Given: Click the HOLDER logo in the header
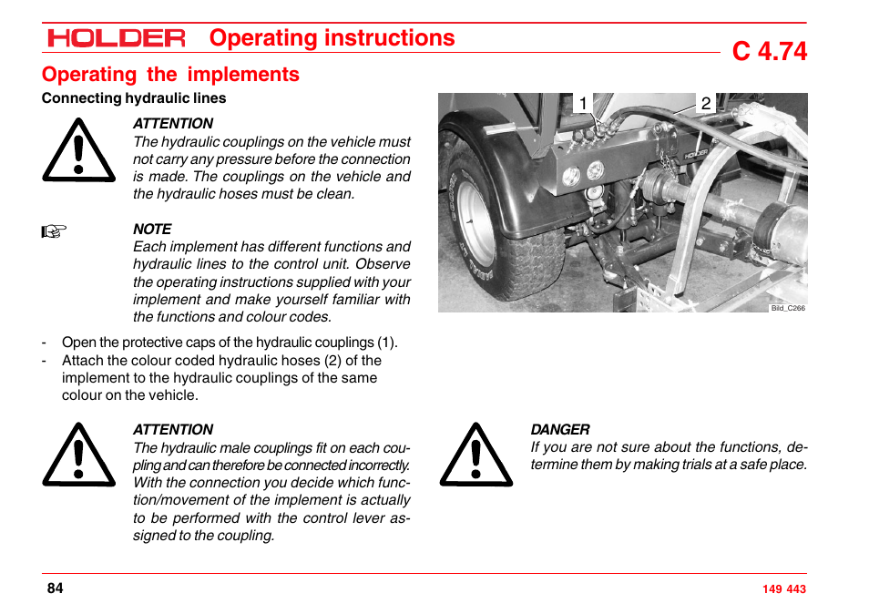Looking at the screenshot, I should pyautogui.click(x=117, y=38).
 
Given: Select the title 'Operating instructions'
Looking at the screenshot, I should pyautogui.click(x=332, y=37).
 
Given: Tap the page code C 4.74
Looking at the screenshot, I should pyautogui.click(x=769, y=51).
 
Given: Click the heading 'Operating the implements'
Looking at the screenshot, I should pyautogui.click(x=170, y=75).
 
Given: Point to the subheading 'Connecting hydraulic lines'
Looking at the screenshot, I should pyautogui.click(x=134, y=98).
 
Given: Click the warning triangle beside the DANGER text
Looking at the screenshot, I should pyautogui.click(x=475, y=455).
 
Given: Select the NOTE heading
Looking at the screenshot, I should pyautogui.click(x=152, y=230).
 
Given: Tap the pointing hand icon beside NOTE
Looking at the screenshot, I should pyautogui.click(x=55, y=231).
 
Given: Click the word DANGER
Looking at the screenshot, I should pyautogui.click(x=560, y=430).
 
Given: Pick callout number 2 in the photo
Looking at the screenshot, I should pyautogui.click(x=705, y=104).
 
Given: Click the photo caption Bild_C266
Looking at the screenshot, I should pyautogui.click(x=788, y=308).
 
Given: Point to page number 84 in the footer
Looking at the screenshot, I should pyautogui.click(x=56, y=588).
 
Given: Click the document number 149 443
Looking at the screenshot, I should pyautogui.click(x=783, y=589).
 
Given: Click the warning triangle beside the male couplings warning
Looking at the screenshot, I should pyautogui.click(x=78, y=455).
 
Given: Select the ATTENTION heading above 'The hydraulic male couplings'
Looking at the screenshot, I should pyautogui.click(x=173, y=430).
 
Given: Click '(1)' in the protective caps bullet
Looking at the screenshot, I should pyautogui.click(x=387, y=343).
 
